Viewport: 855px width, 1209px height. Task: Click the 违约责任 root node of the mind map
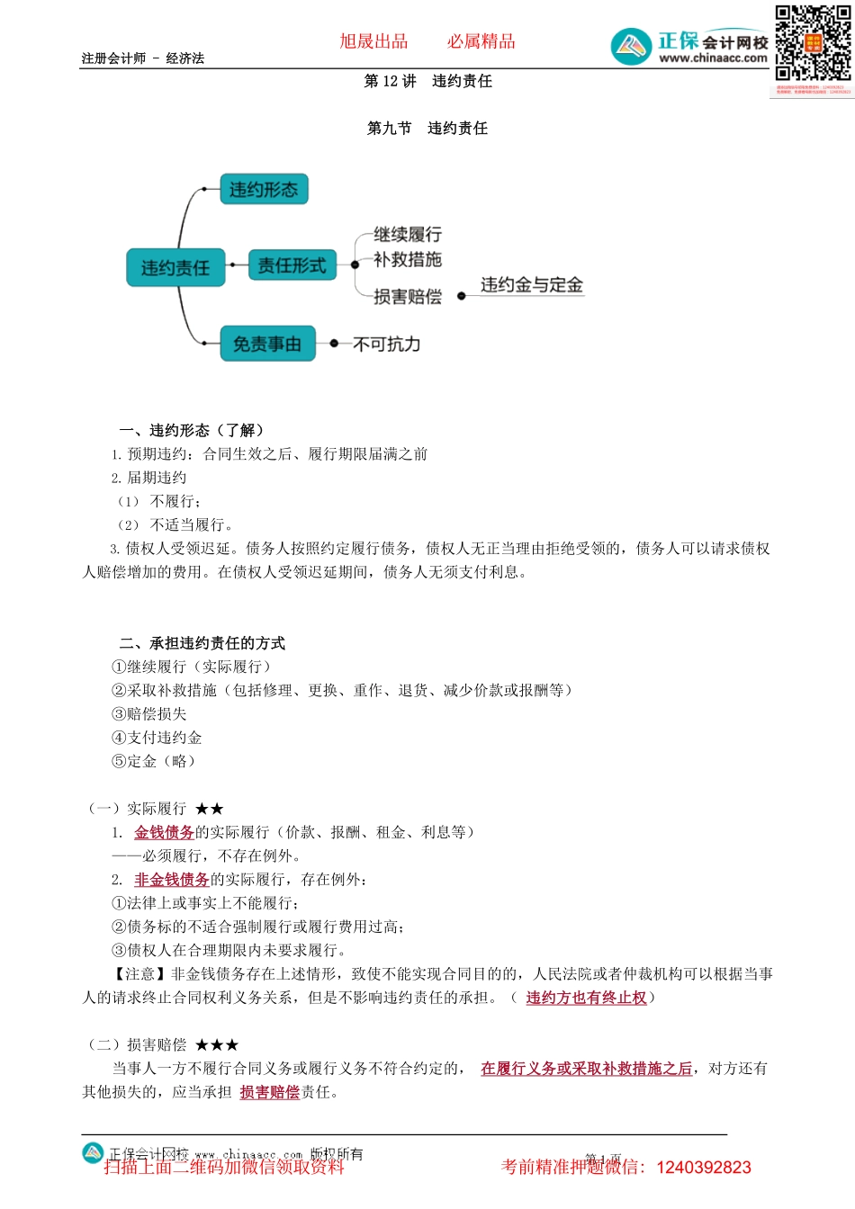175,268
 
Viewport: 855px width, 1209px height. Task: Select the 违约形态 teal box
264,190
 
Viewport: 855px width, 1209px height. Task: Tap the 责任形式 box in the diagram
292,265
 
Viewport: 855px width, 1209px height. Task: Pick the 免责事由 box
267,344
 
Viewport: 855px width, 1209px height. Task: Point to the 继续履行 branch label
408,235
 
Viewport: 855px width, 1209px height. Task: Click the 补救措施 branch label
408,260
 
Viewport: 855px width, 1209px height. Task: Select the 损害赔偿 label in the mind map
408,297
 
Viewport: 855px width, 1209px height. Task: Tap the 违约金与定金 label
531,285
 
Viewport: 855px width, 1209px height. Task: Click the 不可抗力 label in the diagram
387,345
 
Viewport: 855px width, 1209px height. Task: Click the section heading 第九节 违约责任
427,129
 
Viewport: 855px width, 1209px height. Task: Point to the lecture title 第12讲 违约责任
427,82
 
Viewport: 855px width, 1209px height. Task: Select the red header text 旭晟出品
373,41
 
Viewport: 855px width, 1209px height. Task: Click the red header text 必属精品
481,41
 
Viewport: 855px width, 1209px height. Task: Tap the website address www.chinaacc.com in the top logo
713,58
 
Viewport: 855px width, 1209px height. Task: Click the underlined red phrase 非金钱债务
172,880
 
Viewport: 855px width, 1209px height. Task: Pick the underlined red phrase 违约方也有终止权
586,998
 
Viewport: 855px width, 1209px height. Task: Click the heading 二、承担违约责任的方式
202,643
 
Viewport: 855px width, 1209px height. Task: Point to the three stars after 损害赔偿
217,1045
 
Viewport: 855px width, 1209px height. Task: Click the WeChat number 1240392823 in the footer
704,1168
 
